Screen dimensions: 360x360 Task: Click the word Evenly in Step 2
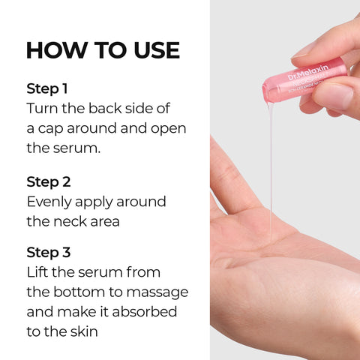coord(52,202)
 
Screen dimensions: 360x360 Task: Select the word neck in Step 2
coord(76,222)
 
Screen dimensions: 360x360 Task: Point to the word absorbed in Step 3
coord(151,312)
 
